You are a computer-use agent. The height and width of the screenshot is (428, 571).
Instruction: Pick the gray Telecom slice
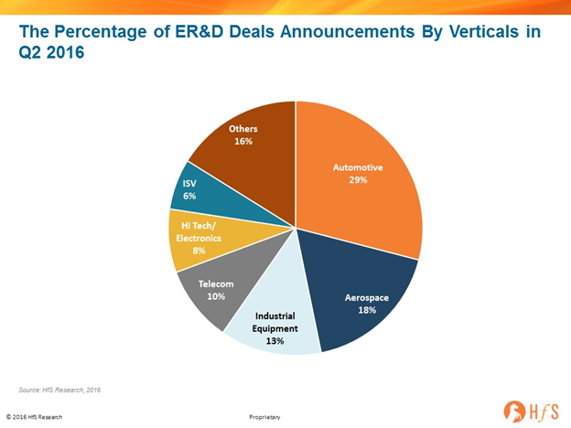tap(222, 287)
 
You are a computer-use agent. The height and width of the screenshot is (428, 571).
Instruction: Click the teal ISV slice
tap(204, 197)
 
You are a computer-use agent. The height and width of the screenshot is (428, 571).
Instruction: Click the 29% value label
tap(358, 180)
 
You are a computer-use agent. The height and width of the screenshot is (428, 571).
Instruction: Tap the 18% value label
tap(367, 310)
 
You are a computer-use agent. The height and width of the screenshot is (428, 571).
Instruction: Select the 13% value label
tap(275, 341)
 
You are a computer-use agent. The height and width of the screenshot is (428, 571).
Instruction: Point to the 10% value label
tap(216, 296)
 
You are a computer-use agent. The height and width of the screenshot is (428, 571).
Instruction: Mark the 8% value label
tap(199, 251)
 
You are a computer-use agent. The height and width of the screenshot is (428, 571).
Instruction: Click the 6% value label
tap(189, 196)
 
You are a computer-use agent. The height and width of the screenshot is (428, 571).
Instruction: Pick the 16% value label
tap(243, 141)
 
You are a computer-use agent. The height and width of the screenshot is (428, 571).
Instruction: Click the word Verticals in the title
tap(483, 32)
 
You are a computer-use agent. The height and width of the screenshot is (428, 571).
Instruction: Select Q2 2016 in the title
tap(51, 52)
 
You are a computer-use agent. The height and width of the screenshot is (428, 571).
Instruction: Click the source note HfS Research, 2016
tap(71, 391)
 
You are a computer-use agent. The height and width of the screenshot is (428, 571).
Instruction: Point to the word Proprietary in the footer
tap(264, 417)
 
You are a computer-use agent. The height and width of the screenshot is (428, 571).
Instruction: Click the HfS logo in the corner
tap(531, 412)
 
